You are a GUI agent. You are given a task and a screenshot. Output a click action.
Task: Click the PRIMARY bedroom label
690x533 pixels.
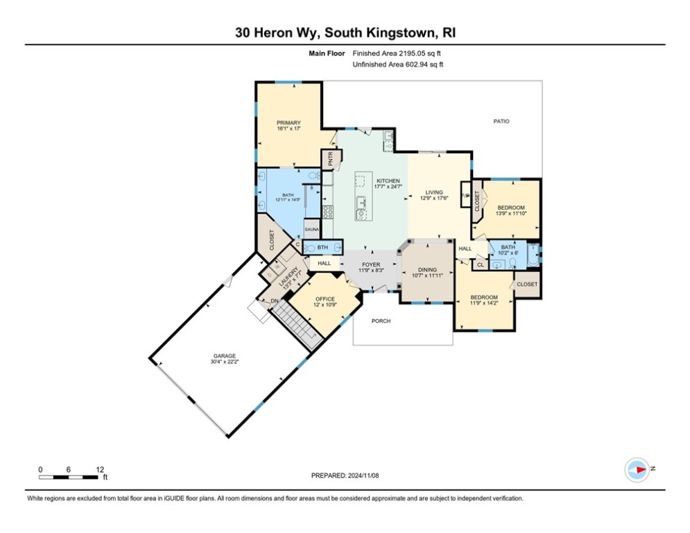(x=288, y=123)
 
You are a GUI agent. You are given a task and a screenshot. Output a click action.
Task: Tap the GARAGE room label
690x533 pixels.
(x=225, y=355)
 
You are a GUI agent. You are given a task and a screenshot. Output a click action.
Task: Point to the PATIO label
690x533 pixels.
(x=501, y=121)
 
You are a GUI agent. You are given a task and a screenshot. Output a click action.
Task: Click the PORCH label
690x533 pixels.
(x=381, y=321)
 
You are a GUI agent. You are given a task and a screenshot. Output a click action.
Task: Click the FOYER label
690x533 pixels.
(x=370, y=264)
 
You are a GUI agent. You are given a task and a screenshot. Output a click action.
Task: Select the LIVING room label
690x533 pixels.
(x=434, y=193)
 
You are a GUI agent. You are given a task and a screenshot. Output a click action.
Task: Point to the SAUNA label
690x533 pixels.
(x=312, y=229)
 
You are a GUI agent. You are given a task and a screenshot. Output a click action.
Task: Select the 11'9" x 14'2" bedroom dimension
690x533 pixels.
(x=483, y=303)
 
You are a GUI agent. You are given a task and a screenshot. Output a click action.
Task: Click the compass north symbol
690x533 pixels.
(x=636, y=469)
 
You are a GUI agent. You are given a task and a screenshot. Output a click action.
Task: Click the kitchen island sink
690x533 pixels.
(x=360, y=203)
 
